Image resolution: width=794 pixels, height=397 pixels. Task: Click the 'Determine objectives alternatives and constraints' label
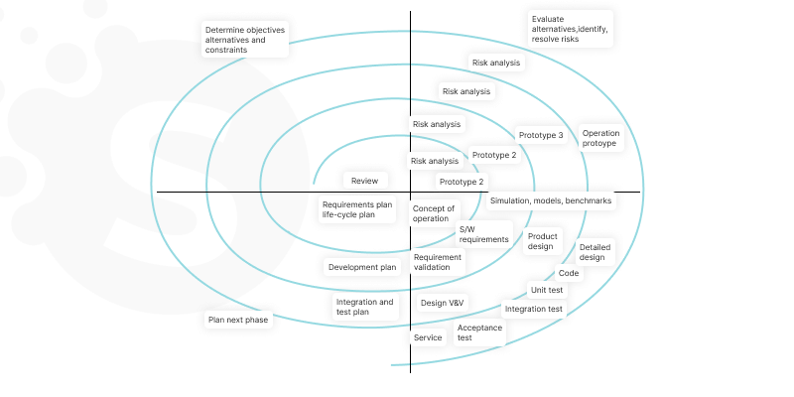(x=244, y=40)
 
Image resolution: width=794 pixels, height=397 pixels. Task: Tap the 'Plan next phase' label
(x=237, y=320)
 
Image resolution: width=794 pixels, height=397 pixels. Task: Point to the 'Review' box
(x=364, y=181)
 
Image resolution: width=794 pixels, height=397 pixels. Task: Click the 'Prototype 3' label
(x=540, y=136)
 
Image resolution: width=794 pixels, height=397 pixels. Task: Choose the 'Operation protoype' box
(x=599, y=138)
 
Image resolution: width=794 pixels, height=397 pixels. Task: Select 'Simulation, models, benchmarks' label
(x=550, y=200)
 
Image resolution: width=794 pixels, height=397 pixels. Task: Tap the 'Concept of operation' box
(x=433, y=213)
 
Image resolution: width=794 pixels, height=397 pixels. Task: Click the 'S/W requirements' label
(x=483, y=233)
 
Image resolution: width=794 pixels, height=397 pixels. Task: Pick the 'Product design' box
(x=541, y=241)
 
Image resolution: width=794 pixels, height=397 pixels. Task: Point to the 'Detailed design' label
(x=594, y=252)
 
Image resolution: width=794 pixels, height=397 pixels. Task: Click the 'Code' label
(x=569, y=273)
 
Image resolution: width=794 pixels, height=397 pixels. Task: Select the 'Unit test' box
(x=547, y=290)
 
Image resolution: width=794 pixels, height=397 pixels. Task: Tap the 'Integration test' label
(x=534, y=309)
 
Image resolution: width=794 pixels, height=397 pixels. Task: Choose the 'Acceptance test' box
(x=478, y=332)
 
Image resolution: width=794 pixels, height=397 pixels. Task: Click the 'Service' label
(x=428, y=337)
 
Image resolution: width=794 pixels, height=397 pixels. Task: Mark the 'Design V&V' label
(x=442, y=303)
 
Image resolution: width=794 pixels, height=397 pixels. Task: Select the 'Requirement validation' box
(x=438, y=262)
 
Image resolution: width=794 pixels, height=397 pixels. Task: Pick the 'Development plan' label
(x=362, y=266)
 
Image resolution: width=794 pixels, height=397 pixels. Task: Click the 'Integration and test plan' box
(x=364, y=307)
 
